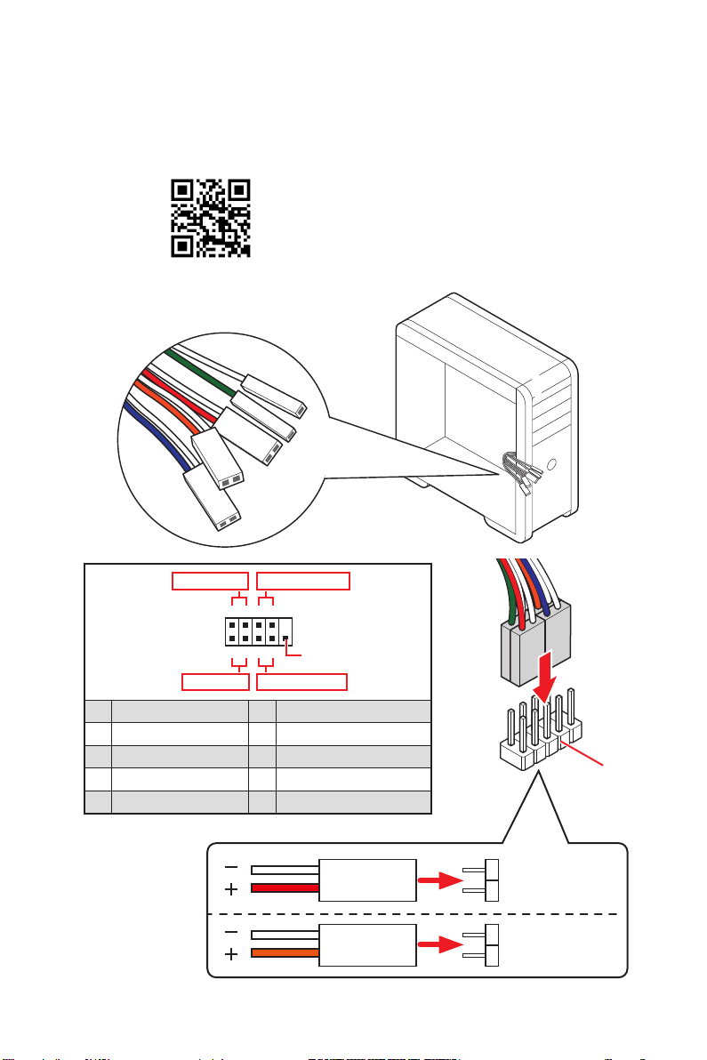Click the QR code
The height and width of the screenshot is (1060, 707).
(x=210, y=218)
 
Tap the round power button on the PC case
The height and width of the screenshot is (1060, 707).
(x=552, y=463)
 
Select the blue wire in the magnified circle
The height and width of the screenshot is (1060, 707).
(x=156, y=437)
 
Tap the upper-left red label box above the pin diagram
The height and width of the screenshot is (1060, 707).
(x=210, y=582)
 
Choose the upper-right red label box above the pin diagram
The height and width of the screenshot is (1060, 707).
(x=303, y=582)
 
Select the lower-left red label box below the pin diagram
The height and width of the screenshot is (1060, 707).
(x=214, y=682)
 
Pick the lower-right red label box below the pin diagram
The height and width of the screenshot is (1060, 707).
(x=301, y=682)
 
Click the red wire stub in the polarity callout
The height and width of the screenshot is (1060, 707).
(x=285, y=887)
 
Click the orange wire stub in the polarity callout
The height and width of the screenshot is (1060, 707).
(x=285, y=954)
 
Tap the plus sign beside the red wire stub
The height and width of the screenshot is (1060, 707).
(x=231, y=888)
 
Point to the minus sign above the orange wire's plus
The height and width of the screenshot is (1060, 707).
(x=231, y=933)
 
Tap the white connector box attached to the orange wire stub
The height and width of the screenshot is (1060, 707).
(x=367, y=947)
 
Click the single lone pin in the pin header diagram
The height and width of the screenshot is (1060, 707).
(x=284, y=638)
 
